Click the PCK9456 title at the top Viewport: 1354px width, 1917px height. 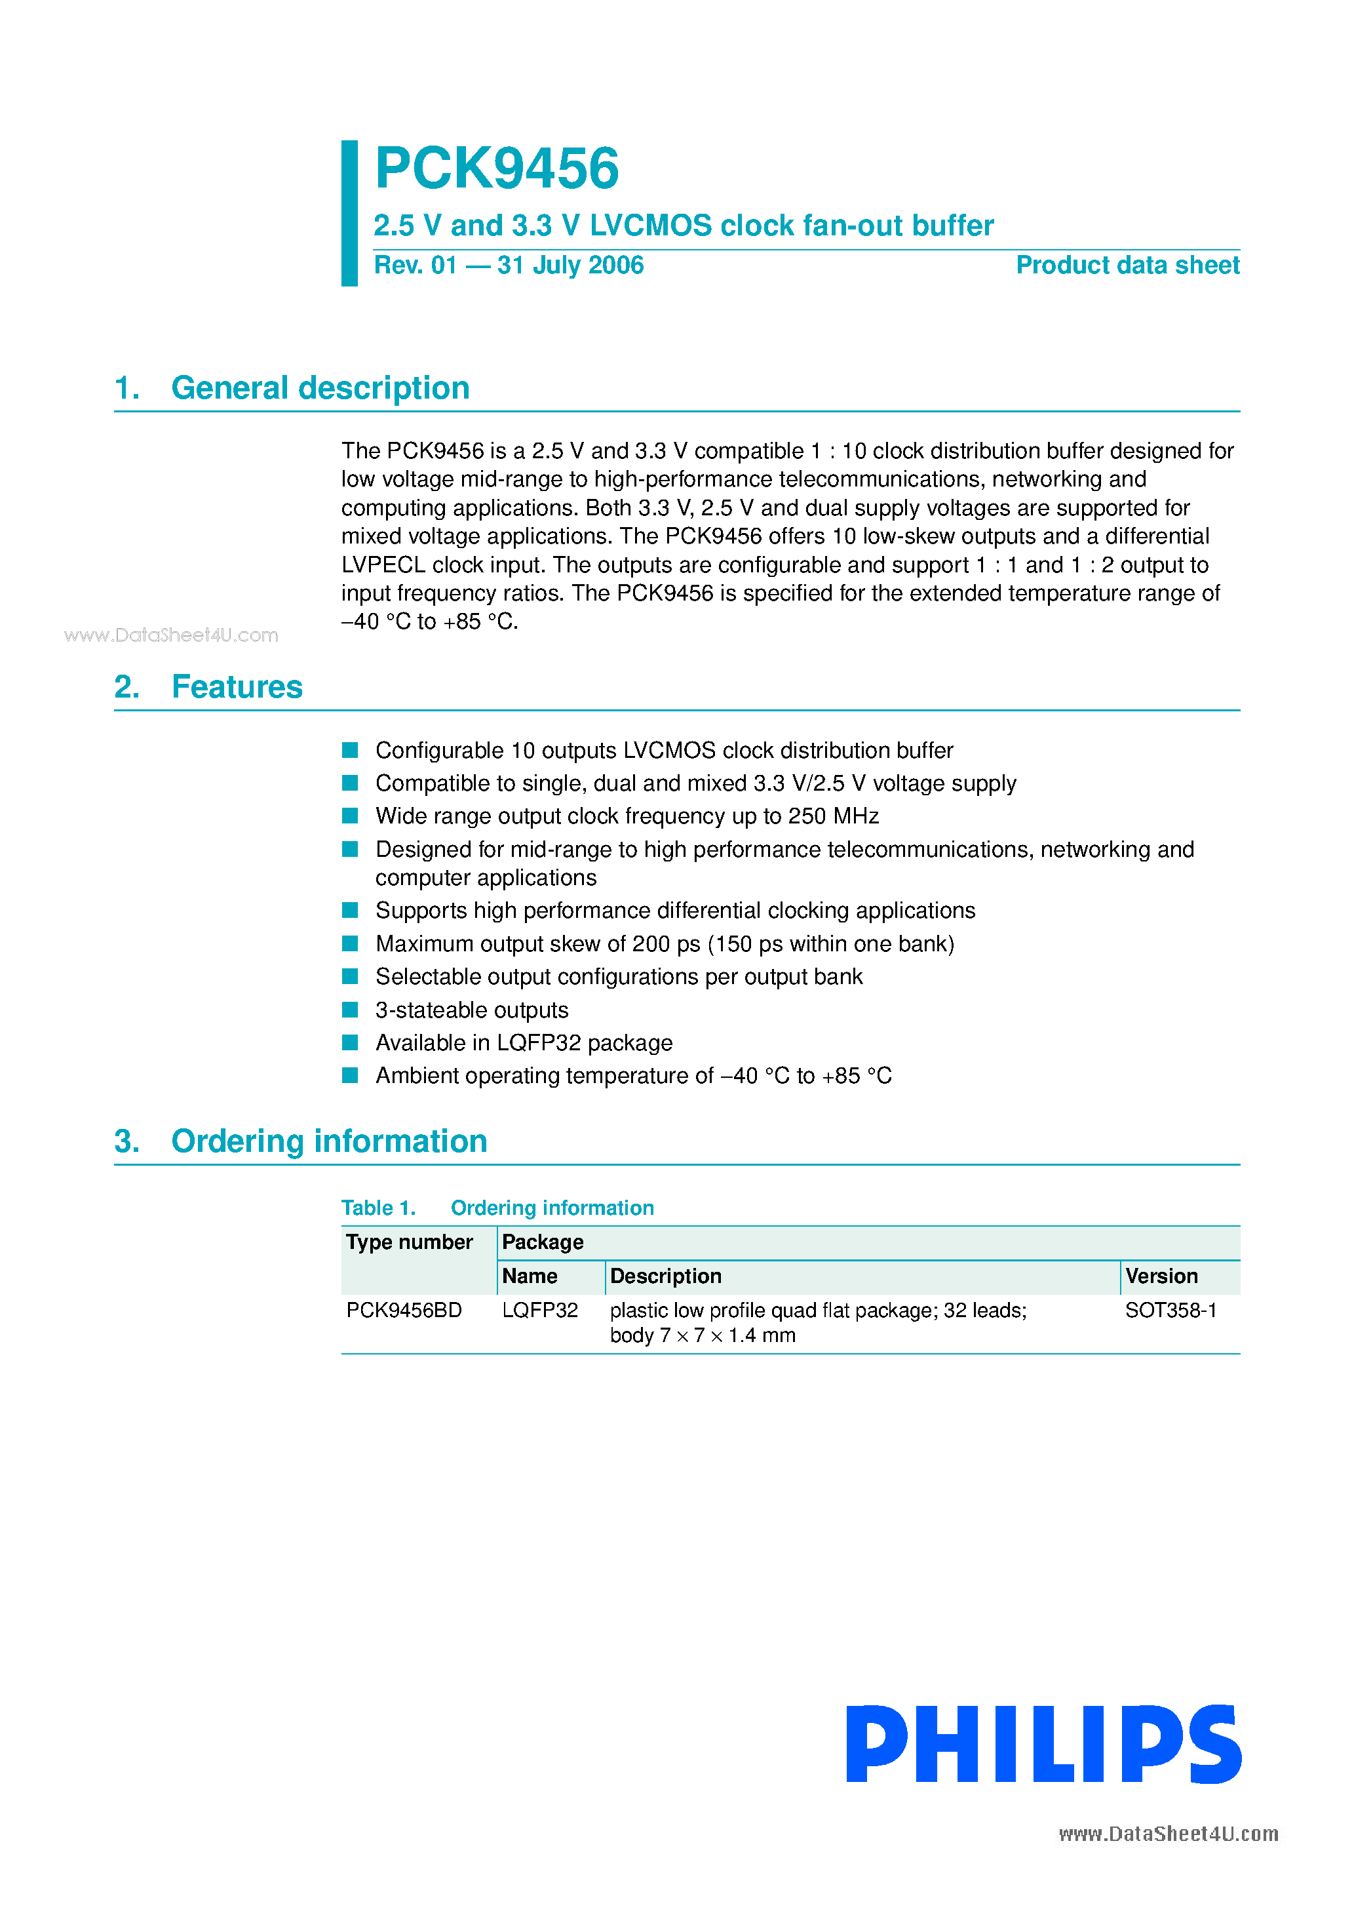click(496, 168)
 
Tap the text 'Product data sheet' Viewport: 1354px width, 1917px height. click(1127, 266)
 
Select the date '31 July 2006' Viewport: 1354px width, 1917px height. click(570, 266)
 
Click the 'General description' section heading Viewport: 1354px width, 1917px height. click(320, 388)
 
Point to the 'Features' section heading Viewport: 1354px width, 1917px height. click(236, 687)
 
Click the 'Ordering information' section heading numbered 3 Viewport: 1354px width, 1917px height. click(329, 1141)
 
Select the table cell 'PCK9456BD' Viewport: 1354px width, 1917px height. click(404, 1310)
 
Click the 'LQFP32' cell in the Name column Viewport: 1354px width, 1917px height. click(539, 1310)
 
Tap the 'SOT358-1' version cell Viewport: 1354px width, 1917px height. click(1170, 1310)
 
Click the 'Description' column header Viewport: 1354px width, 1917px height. click(665, 1276)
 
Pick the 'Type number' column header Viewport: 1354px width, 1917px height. click(409, 1242)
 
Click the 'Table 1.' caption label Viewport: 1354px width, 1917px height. click(378, 1208)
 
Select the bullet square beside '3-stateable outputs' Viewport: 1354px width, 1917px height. click(350, 1010)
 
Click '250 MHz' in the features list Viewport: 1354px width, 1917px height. click(833, 816)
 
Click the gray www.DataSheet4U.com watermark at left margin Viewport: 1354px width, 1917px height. click(171, 635)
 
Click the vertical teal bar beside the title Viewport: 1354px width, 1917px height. click(349, 213)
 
